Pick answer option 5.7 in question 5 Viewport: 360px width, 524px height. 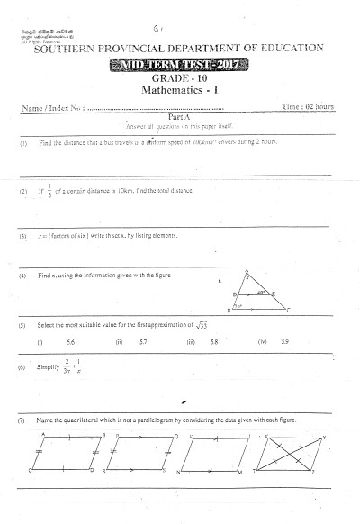(143, 343)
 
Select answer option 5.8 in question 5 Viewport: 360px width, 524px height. (213, 343)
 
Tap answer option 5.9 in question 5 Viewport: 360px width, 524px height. (285, 343)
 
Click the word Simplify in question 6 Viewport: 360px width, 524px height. (49, 369)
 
